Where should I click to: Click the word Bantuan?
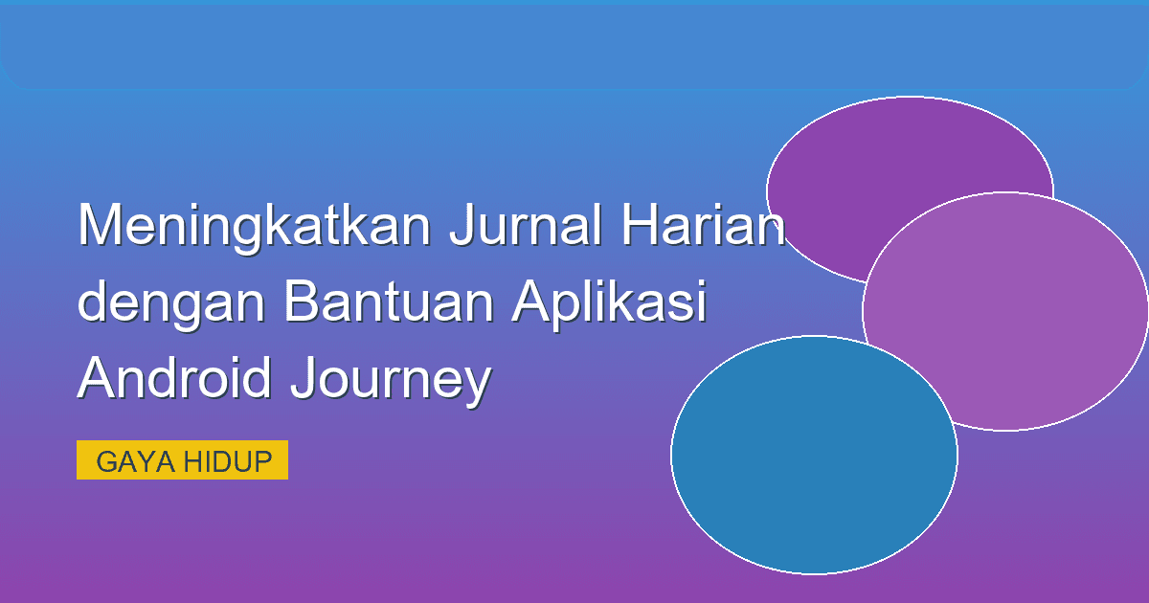[x=389, y=302]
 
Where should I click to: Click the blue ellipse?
[x=814, y=469]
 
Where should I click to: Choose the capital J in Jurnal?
[x=462, y=226]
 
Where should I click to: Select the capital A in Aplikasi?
[x=529, y=302]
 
